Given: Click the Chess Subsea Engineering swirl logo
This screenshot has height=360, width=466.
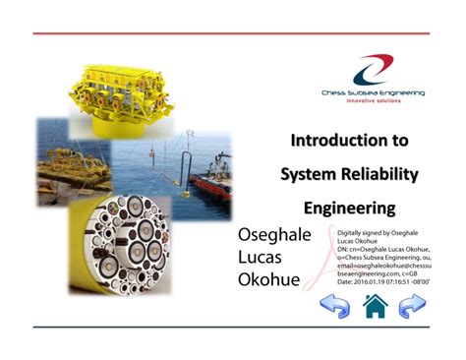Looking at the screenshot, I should click(x=372, y=68).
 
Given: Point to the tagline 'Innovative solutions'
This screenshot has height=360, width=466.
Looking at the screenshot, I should click(x=371, y=101).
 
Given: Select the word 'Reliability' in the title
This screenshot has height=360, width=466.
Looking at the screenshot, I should click(x=377, y=174).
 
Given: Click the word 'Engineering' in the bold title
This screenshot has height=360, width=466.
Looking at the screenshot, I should click(x=349, y=208).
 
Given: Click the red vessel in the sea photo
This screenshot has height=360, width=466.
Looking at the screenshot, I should click(x=213, y=185).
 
